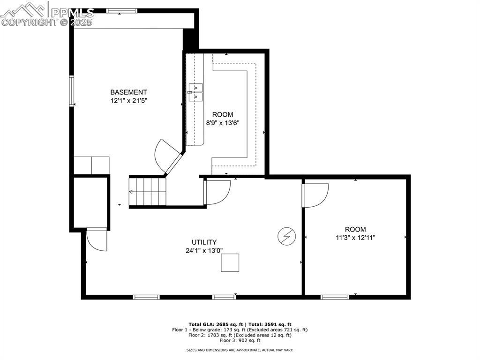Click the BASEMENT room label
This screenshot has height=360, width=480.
click(128, 92)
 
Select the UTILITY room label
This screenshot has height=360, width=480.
click(204, 242)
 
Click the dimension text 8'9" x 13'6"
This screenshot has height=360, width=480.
click(223, 123)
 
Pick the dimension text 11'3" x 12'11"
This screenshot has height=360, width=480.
click(355, 237)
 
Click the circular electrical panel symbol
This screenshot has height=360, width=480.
click(285, 236)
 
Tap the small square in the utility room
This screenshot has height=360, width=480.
click(230, 262)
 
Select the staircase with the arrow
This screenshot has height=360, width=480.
click(148, 191)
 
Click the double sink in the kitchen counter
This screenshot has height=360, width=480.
click(195, 92)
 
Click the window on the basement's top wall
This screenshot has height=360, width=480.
click(121, 11)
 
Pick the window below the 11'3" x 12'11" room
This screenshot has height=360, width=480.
click(335, 297)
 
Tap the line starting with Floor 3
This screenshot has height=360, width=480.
click(240, 340)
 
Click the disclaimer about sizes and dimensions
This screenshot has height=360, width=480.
click(240, 350)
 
